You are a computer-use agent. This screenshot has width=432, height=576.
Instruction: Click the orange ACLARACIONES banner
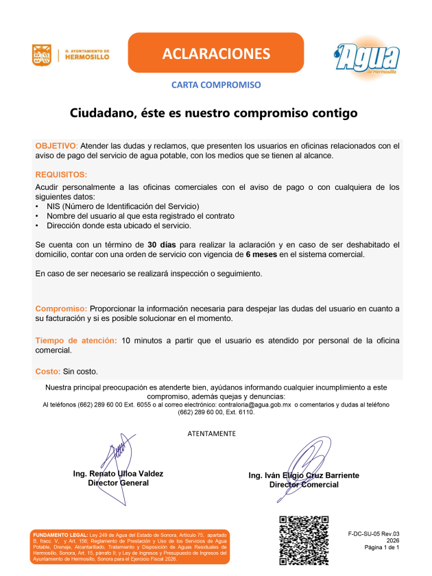pyautogui.click(x=216, y=53)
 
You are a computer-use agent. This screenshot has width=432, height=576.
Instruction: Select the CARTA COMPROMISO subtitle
pyautogui.click(x=216, y=85)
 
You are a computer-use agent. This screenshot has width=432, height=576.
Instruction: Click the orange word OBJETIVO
pyautogui.click(x=56, y=146)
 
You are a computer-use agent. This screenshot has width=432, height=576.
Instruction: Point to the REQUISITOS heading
pyautogui.click(x=61, y=175)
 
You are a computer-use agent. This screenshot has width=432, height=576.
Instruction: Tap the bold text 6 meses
pyautogui.click(x=261, y=254)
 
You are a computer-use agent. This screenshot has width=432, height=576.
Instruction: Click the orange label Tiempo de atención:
pyautogui.click(x=75, y=340)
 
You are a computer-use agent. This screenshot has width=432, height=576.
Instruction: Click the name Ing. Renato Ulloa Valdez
pyautogui.click(x=118, y=473)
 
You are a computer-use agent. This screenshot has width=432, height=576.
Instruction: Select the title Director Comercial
pyautogui.click(x=304, y=485)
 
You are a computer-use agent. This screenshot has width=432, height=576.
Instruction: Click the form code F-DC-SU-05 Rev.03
pyautogui.click(x=373, y=533)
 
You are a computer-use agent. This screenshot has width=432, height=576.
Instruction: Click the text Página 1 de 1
pyautogui.click(x=381, y=548)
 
